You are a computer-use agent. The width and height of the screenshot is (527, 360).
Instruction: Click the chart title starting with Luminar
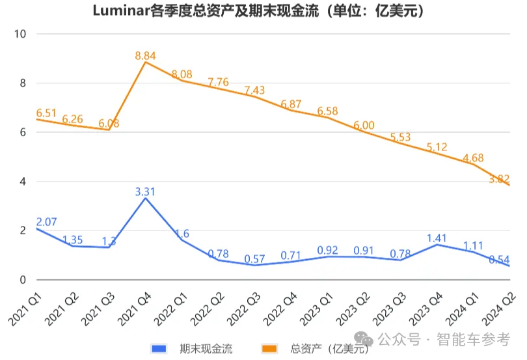click(263, 11)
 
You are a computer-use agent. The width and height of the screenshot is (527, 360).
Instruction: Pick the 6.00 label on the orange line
click(364, 125)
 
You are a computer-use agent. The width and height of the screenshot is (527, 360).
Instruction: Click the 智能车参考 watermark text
click(474, 339)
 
